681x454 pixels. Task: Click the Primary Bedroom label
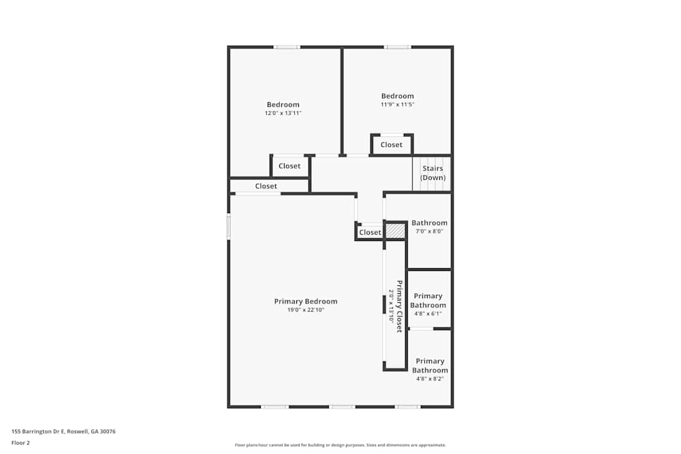click(x=305, y=302)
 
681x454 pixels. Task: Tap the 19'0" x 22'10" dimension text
click(x=305, y=310)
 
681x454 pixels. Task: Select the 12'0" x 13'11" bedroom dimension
click(x=283, y=113)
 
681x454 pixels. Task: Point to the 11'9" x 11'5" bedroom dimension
click(x=397, y=105)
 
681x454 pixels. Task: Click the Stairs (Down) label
click(x=432, y=173)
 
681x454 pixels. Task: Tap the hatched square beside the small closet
click(x=395, y=231)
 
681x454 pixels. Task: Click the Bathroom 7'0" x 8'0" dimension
click(x=429, y=231)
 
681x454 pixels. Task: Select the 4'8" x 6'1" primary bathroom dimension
click(x=428, y=314)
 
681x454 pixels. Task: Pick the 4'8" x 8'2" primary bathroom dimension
click(x=430, y=379)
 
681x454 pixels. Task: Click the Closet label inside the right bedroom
click(x=392, y=144)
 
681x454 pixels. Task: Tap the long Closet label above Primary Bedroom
click(x=266, y=186)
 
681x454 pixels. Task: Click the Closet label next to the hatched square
click(x=370, y=232)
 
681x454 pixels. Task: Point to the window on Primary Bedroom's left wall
click(x=229, y=227)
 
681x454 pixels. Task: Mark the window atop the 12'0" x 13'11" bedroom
click(x=287, y=47)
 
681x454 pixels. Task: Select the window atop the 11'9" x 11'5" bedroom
click(x=398, y=47)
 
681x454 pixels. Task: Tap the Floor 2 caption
click(x=20, y=442)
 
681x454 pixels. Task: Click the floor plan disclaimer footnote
click(x=340, y=445)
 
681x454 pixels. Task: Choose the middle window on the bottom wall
click(x=342, y=406)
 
